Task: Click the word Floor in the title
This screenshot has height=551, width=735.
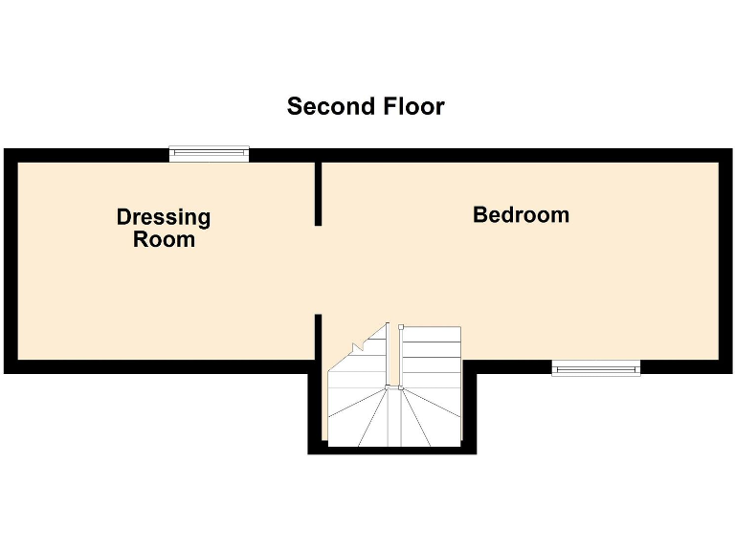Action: [409, 106]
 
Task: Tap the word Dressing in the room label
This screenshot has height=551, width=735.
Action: [164, 217]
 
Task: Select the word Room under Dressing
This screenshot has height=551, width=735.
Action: [164, 239]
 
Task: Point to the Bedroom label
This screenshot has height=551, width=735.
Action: [521, 215]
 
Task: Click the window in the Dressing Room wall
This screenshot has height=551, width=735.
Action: [209, 153]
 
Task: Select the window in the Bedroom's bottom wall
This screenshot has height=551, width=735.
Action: [595, 367]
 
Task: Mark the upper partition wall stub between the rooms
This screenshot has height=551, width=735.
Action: [318, 194]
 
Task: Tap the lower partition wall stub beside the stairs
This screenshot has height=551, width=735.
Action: [318, 337]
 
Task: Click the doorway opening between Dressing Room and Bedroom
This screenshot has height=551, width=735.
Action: [318, 270]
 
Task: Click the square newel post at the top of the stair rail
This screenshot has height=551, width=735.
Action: [402, 326]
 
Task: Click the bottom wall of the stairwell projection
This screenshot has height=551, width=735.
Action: [392, 450]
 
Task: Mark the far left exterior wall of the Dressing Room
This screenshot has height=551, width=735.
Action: [11, 260]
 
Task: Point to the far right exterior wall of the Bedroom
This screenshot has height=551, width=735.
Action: [724, 260]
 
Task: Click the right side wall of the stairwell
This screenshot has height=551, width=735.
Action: [469, 409]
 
